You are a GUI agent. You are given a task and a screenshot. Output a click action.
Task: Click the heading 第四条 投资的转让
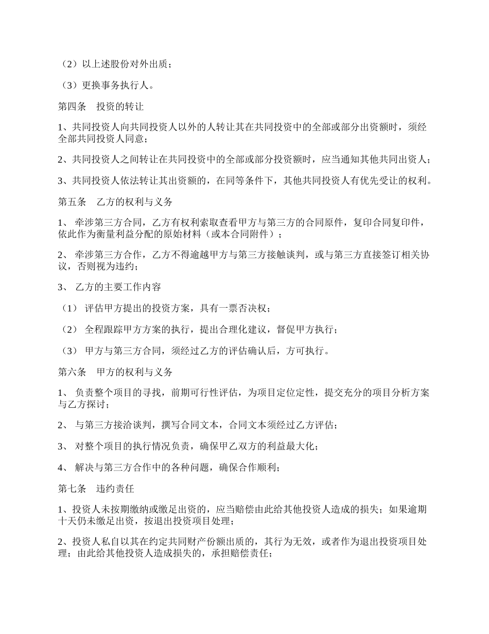100,107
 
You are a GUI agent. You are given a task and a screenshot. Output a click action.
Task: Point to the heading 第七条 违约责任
96,488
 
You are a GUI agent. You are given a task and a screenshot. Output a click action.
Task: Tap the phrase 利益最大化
289,446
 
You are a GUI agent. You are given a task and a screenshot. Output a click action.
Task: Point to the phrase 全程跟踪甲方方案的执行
133,329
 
